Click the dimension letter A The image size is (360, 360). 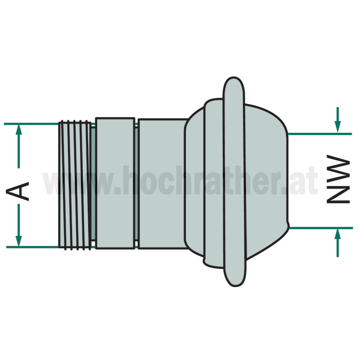18,191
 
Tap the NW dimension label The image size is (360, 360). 338,179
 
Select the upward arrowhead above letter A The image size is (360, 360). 18,130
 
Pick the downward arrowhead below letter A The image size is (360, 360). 18,241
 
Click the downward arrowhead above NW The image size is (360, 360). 337,127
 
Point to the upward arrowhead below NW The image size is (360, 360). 337,235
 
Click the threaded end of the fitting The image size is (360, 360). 75,185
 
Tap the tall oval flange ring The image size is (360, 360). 234,182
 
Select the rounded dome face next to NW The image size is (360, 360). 266,181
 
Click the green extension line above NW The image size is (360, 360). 320,134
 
